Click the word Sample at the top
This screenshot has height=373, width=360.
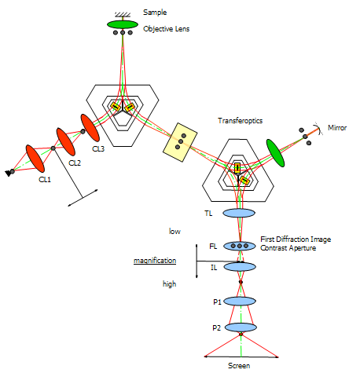tap(155, 13)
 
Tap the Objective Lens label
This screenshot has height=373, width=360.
tap(166, 29)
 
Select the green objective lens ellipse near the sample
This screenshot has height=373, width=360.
tap(123, 24)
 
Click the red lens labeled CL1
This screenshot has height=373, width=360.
tap(35, 159)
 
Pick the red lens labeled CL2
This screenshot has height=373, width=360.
tap(66, 141)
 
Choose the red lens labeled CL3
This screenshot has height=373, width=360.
tap(90, 128)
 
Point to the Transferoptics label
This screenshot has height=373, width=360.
tap(240, 121)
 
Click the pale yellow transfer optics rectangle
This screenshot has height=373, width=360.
tap(180, 142)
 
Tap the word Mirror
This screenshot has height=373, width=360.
tap(337, 128)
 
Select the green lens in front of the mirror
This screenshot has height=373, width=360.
tap(275, 153)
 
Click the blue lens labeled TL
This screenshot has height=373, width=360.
tap(239, 213)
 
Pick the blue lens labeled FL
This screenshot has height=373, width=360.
tap(240, 246)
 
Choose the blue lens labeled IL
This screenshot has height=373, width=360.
tap(240, 267)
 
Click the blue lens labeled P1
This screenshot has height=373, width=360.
tap(240, 302)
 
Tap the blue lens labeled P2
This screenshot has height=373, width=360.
tap(241, 327)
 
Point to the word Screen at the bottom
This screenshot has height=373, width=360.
tap(239, 365)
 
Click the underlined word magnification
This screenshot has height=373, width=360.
tap(155, 261)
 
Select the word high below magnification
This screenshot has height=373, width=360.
tap(169, 284)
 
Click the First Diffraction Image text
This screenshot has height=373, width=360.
tap(296, 240)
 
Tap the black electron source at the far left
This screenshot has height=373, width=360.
tap(9, 173)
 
